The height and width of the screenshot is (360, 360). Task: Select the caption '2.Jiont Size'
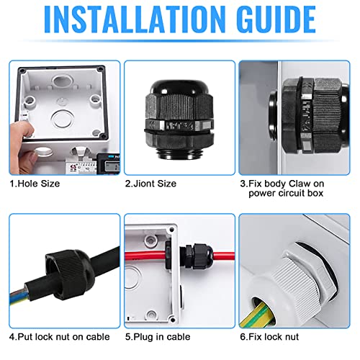point(150,184)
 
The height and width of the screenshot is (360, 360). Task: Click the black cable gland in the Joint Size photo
point(177,118)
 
